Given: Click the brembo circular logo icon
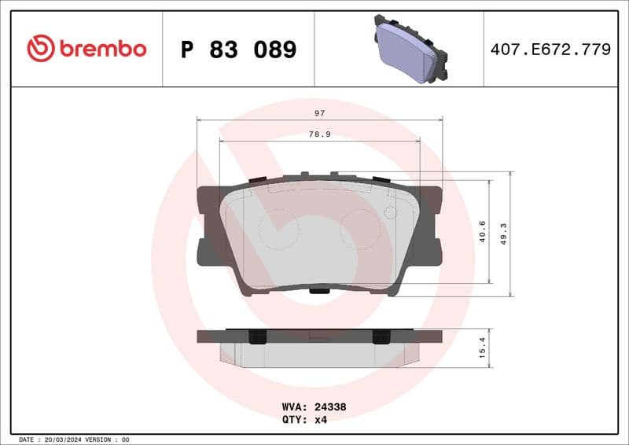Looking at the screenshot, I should coord(40,49).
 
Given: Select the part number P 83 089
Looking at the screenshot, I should coord(238,50).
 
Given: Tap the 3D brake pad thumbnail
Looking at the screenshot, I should coord(410,49).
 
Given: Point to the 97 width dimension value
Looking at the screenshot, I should coord(319,113).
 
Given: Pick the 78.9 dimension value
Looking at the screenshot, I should coord(319,134).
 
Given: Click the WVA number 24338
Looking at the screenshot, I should coord(330,407).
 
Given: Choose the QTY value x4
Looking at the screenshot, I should coord(320,419).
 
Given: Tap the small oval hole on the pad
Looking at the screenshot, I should coord(390,212).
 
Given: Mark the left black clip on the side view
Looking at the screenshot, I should coord(256,337).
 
